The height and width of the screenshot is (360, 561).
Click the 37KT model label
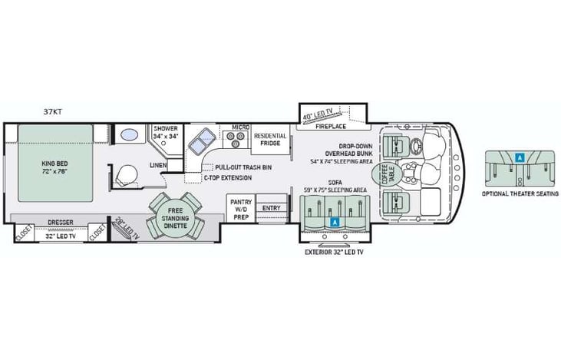pos(53,111)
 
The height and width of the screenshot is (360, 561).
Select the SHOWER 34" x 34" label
pos(166,132)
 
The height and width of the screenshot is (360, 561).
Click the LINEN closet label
pos(159,165)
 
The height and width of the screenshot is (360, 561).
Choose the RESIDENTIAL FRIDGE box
pos(270,140)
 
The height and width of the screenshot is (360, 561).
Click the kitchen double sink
pos(203,140)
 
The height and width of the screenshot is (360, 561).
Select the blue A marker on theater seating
pos(520,157)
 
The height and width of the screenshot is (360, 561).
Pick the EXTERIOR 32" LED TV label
pos(334,251)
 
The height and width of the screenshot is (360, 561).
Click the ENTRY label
pos(271,207)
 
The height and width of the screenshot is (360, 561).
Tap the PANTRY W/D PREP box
pos(239,207)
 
